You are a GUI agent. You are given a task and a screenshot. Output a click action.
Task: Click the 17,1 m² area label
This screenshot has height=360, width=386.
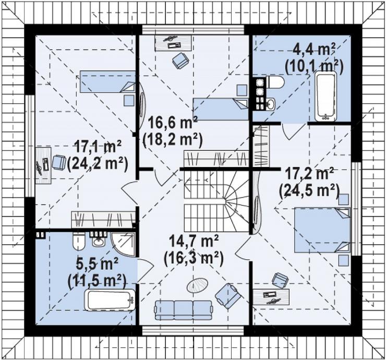click(x=98, y=148)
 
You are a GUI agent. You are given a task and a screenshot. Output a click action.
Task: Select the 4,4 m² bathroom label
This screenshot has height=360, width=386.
click(x=314, y=50)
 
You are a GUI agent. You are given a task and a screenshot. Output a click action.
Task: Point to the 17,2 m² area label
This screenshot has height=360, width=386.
click(x=309, y=174)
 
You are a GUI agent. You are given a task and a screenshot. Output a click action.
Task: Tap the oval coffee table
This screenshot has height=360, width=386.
click(x=197, y=285)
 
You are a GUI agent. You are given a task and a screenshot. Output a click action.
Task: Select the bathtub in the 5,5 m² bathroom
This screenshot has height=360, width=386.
click(x=110, y=299)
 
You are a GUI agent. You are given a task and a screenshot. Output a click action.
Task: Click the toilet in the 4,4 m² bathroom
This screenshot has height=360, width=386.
click(x=275, y=82)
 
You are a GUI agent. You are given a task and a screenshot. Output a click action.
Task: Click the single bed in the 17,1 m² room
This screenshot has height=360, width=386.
click(x=107, y=82)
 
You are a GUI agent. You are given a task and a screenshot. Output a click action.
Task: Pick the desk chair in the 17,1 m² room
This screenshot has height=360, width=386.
click(x=59, y=162)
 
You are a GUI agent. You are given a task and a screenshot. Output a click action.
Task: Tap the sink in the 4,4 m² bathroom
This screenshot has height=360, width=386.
click(x=271, y=104)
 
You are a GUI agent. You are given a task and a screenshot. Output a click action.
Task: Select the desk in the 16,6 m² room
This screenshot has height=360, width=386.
click(x=173, y=43)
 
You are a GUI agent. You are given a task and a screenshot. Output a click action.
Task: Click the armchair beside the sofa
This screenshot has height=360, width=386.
click(x=228, y=296)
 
